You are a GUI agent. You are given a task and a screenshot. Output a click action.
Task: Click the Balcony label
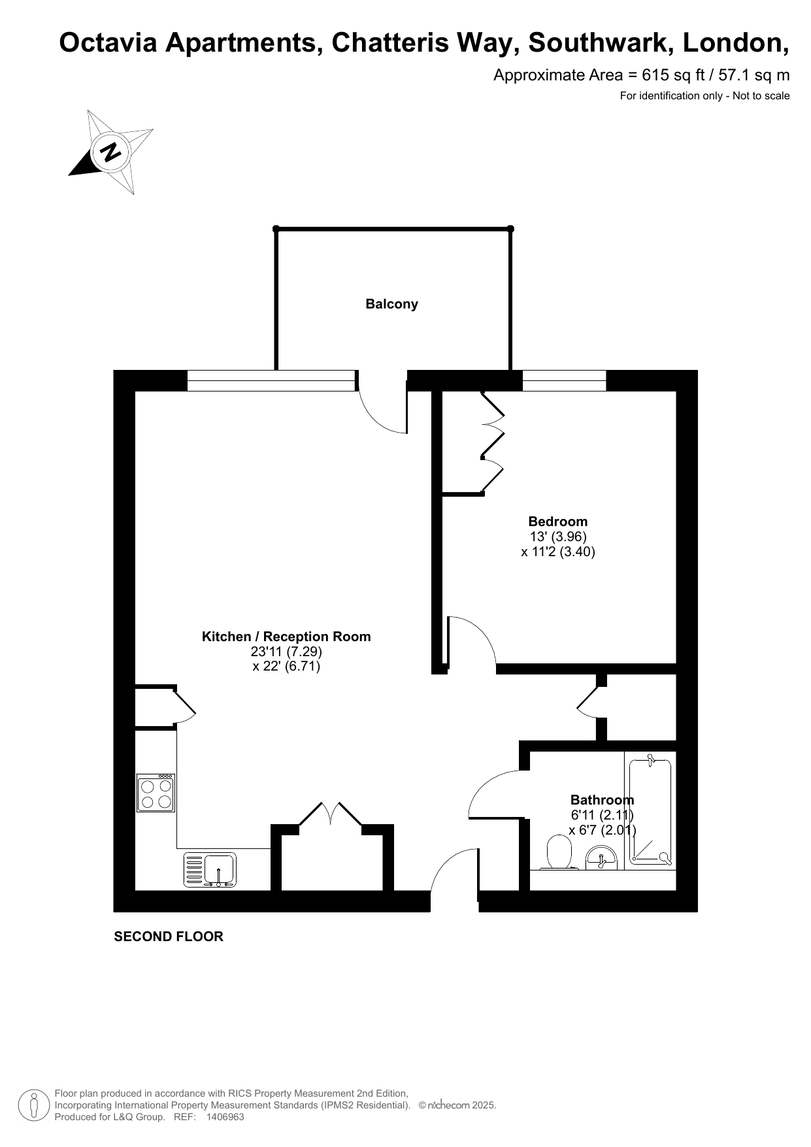click(391, 304)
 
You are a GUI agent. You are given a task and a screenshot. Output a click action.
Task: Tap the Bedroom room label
click(557, 522)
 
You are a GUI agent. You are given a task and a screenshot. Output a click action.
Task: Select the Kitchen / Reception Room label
click(286, 637)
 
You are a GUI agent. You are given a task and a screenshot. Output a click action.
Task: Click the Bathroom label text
click(602, 800)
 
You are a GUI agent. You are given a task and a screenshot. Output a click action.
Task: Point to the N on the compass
click(112, 152)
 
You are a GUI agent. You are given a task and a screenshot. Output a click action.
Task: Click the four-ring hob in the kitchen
click(156, 793)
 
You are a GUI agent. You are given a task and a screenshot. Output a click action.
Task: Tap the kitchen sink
click(210, 870)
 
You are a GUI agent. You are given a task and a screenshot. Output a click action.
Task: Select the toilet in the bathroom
click(559, 853)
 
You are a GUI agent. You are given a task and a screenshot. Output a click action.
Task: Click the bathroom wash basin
click(601, 857)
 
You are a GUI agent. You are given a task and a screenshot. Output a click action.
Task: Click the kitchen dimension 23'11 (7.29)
click(286, 652)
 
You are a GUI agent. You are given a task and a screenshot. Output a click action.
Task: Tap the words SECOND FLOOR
click(169, 937)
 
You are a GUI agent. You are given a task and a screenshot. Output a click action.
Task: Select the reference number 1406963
click(225, 1117)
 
